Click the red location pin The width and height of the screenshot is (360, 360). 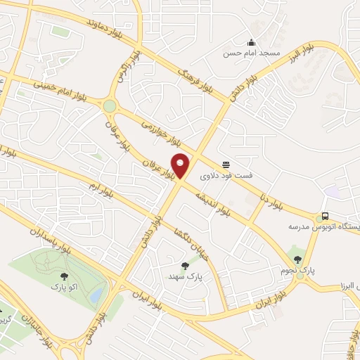(x=181, y=165)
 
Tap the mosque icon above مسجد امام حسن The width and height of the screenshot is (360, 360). (x=252, y=42)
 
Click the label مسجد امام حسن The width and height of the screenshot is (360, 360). (x=252, y=53)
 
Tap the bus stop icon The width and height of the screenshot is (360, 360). (x=325, y=216)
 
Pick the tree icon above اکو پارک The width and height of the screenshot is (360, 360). (x=65, y=276)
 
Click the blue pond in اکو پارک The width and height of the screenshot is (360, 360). (x=96, y=294)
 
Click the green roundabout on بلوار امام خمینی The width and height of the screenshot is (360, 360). (x=109, y=106)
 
